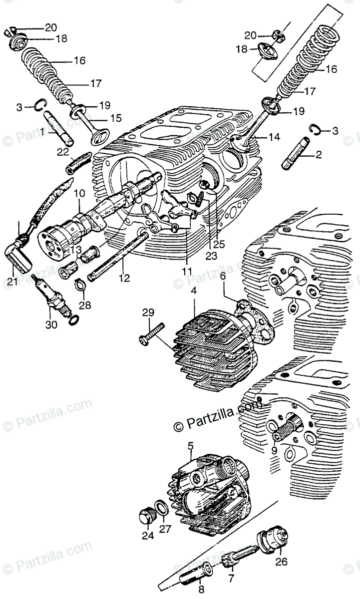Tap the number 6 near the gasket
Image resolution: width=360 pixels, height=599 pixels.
tap(223, 274)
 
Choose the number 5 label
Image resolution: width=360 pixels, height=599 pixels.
tap(190, 442)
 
